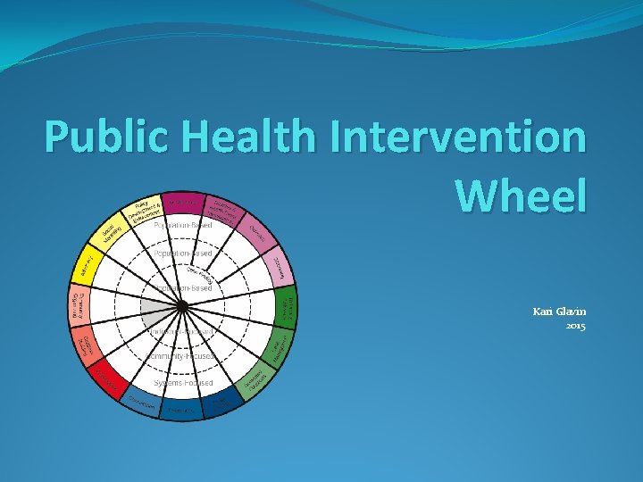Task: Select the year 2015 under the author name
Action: coord(575,327)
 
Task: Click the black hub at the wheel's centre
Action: coord(181,306)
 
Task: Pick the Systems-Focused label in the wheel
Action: coord(183,383)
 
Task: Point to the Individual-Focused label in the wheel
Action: coord(183,331)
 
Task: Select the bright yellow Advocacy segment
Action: coord(88,265)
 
